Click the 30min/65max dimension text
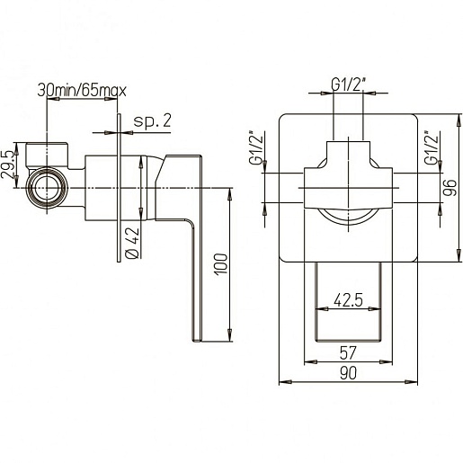(82, 90)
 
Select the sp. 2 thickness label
(152, 121)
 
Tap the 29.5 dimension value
(8, 165)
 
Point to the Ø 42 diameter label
(132, 243)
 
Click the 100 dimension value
(221, 264)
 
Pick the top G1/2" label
(349, 85)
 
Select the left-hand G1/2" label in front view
(256, 147)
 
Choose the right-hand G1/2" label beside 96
(432, 147)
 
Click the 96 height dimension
(450, 188)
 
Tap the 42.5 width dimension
(348, 299)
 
